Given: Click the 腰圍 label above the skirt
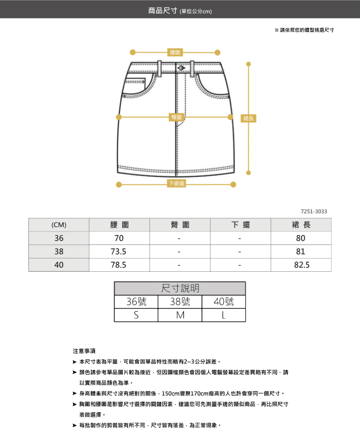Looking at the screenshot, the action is pyautogui.click(x=175, y=52).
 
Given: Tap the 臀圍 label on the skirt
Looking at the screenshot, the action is pyautogui.click(x=176, y=117).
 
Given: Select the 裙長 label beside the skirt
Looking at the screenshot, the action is pyautogui.click(x=248, y=119).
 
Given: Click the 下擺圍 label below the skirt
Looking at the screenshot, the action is pyautogui.click(x=176, y=183).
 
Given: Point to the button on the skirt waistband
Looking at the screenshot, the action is pyautogui.click(x=181, y=68).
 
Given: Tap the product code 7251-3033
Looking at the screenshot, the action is pyautogui.click(x=314, y=212).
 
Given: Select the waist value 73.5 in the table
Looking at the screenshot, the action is pyautogui.click(x=118, y=252).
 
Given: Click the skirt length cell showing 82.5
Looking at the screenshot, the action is pyautogui.click(x=302, y=265).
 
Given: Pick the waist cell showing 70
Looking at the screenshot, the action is pyautogui.click(x=119, y=238).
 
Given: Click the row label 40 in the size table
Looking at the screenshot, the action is pyautogui.click(x=59, y=265).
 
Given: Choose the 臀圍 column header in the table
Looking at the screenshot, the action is pyautogui.click(x=180, y=225).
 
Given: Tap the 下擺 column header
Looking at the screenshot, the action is pyautogui.click(x=240, y=225).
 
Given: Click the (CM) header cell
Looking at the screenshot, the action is pyautogui.click(x=59, y=225).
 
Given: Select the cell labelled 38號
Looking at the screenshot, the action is pyautogui.click(x=180, y=302).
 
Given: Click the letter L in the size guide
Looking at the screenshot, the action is pyautogui.click(x=224, y=315).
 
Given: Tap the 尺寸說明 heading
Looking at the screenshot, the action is pyautogui.click(x=180, y=288).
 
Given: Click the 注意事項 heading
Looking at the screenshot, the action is pyautogui.click(x=84, y=351).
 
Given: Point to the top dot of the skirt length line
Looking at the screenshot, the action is pyautogui.click(x=248, y=64).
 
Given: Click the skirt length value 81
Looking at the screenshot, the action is pyautogui.click(x=301, y=252).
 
